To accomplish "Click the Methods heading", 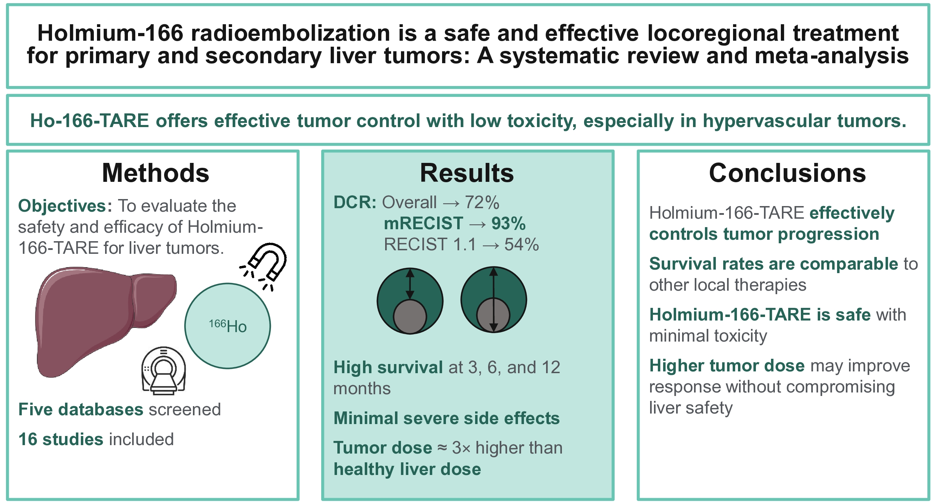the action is coord(155,173).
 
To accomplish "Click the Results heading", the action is coord(467,173).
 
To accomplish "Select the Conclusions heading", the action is coord(787,173).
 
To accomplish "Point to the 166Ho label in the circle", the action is coord(227,326).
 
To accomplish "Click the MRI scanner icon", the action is coord(164,370).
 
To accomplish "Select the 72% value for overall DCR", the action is coord(482,202).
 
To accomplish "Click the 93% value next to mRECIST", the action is coord(508,224).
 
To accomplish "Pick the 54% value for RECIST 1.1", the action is coord(521,245).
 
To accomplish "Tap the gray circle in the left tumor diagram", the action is coord(410,316).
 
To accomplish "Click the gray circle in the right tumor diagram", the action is coord(493,315).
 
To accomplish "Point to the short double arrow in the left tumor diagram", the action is coord(410,284).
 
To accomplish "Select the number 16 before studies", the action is coord(28,440).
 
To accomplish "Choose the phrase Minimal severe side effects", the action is coord(447,418).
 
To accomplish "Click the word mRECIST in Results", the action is coord(423,224).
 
